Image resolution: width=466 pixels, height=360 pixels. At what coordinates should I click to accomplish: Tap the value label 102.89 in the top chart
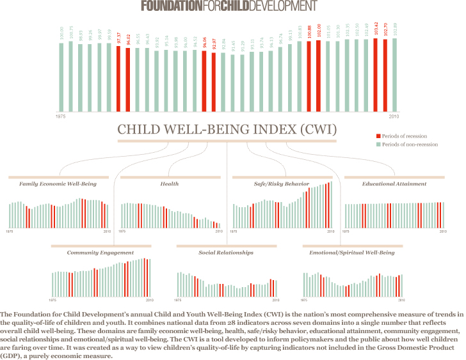394,31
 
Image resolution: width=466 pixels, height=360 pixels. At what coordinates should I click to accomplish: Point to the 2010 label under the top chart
394,117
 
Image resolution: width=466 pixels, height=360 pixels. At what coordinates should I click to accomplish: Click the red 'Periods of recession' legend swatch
378,136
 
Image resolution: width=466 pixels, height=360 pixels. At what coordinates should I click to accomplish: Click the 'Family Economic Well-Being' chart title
58,184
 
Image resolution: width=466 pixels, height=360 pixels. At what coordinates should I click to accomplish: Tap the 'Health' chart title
170,184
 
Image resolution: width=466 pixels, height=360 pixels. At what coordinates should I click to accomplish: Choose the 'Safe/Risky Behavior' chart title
282,184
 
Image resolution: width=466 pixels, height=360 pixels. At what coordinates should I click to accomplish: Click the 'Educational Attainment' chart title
394,184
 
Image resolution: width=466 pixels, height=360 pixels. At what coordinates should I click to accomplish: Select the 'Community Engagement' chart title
100,253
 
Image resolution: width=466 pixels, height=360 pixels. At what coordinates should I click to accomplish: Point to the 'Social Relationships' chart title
226,253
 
